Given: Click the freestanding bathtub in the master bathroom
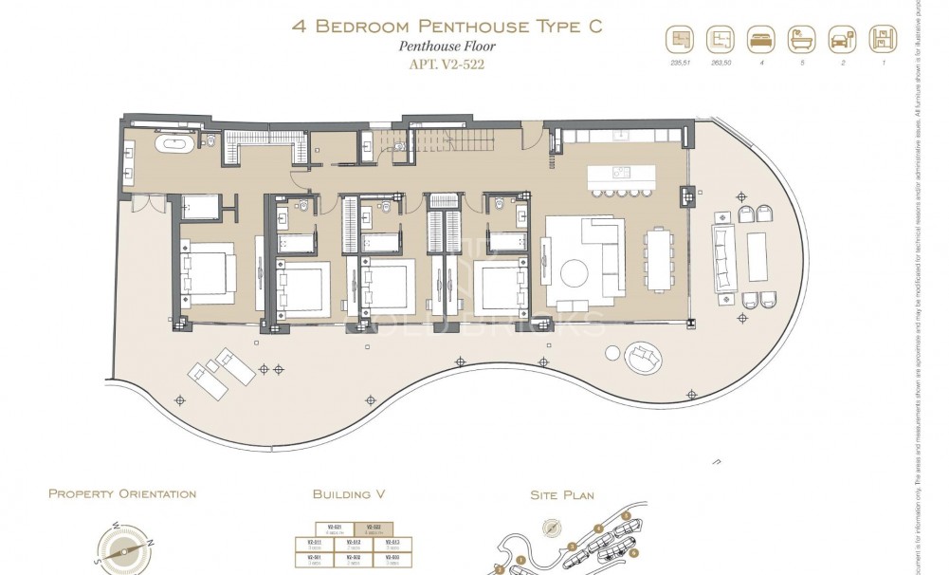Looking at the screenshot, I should pyautogui.click(x=176, y=144).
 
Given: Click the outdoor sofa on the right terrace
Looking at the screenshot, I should pyautogui.click(x=724, y=257).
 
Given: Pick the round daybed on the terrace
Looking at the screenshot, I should pyautogui.click(x=644, y=356).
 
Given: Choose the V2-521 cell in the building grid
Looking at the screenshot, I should pyautogui.click(x=335, y=529).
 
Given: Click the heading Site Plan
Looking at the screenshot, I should pyautogui.click(x=562, y=494).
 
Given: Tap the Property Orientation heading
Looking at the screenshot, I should pyautogui.click(x=122, y=494).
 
